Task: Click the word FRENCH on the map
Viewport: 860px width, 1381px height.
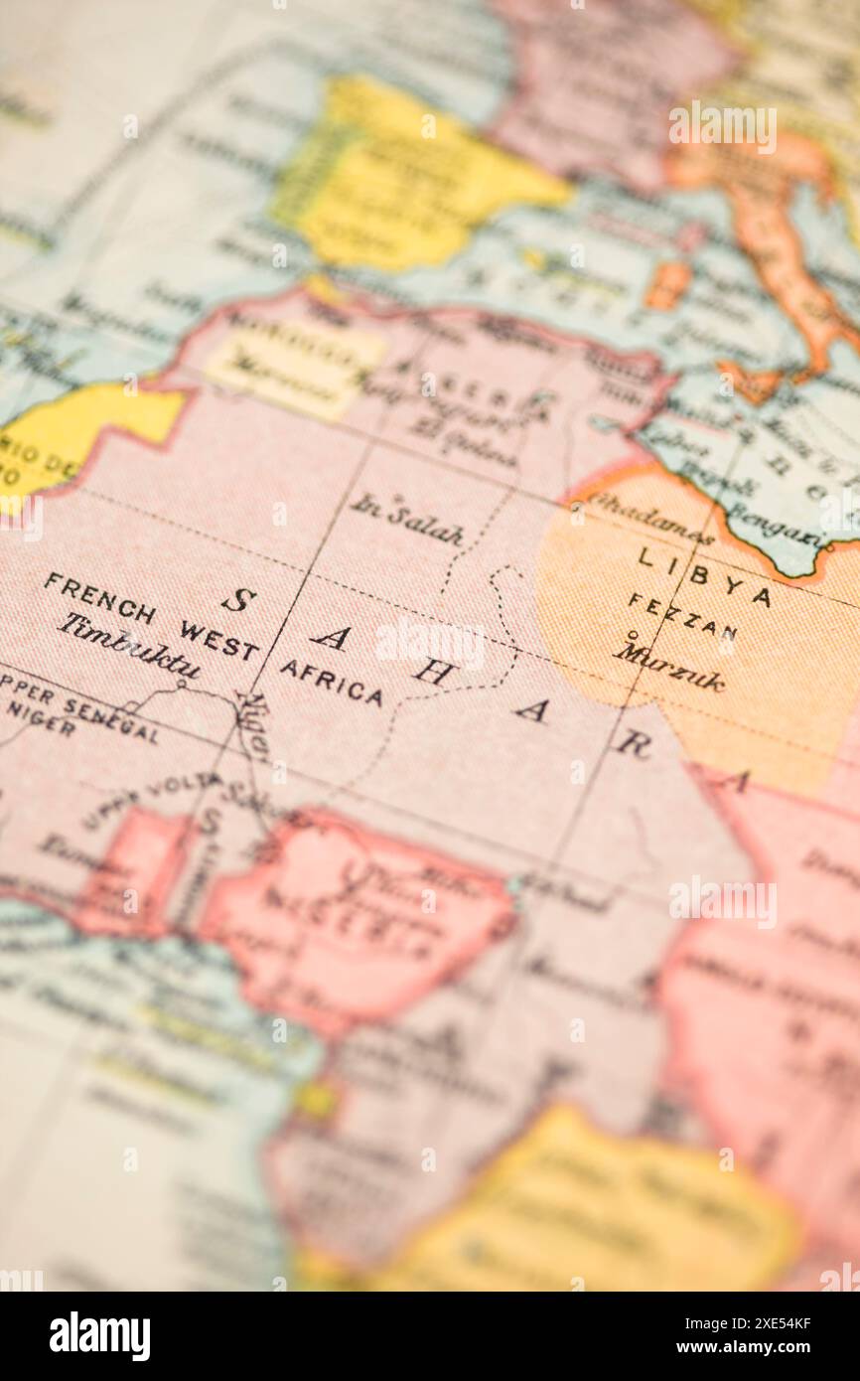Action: (x=99, y=598)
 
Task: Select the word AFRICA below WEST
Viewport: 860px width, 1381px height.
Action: (x=331, y=682)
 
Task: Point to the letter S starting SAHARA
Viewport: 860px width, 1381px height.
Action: (x=238, y=599)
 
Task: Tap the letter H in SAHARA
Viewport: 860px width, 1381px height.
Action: (x=433, y=673)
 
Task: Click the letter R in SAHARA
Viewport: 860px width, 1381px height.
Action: (x=633, y=744)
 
